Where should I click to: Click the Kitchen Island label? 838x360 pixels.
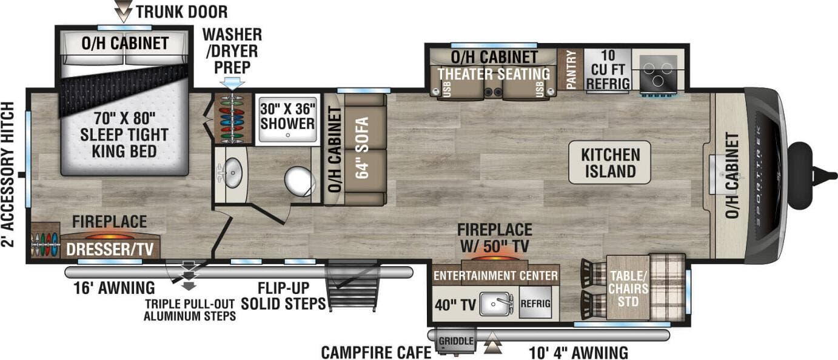[609, 162]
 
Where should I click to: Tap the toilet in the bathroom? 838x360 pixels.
[298, 181]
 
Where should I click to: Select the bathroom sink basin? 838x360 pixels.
[231, 173]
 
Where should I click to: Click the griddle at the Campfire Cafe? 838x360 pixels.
[455, 341]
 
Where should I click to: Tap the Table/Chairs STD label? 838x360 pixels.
[628, 288]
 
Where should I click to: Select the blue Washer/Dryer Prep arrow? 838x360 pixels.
[233, 83]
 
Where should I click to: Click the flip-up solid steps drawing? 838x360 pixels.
[353, 286]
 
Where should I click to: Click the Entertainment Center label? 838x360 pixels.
[495, 276]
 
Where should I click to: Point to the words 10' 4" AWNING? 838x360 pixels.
[571, 352]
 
